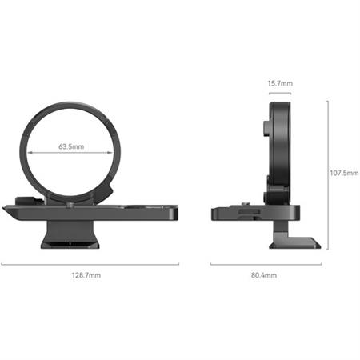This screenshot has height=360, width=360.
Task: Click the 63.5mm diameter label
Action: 72,147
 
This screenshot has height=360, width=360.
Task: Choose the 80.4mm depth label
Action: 263,274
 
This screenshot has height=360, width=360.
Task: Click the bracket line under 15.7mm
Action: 279,93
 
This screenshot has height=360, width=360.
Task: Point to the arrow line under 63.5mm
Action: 72,154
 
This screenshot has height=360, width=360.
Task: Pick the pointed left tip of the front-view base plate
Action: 5,210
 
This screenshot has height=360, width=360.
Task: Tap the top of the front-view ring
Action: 72,102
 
